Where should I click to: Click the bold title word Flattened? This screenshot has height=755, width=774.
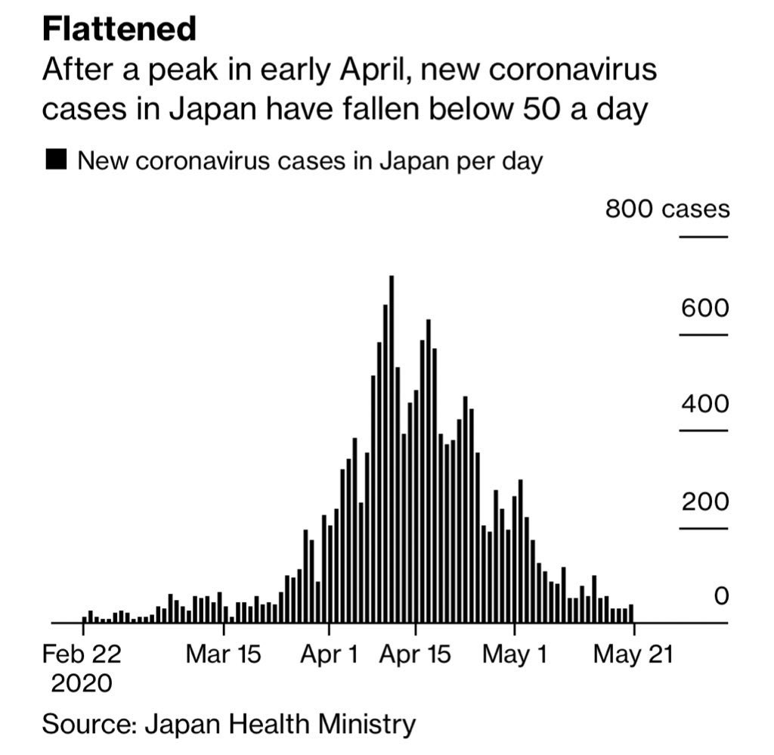click(x=119, y=29)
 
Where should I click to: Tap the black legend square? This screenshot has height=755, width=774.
click(x=57, y=160)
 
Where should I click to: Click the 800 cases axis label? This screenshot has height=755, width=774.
click(x=667, y=209)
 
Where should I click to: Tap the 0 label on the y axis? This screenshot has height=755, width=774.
click(x=721, y=597)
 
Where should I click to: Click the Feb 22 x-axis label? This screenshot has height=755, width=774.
click(x=81, y=654)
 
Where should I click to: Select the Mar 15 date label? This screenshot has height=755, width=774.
click(x=223, y=654)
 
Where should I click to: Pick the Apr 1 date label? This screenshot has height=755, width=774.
click(x=329, y=654)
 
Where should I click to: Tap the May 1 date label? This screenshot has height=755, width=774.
click(x=514, y=654)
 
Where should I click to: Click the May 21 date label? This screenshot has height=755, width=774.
click(x=633, y=654)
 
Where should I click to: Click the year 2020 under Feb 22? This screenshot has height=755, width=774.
click(x=81, y=683)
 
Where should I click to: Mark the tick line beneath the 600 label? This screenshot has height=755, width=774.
click(x=703, y=334)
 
